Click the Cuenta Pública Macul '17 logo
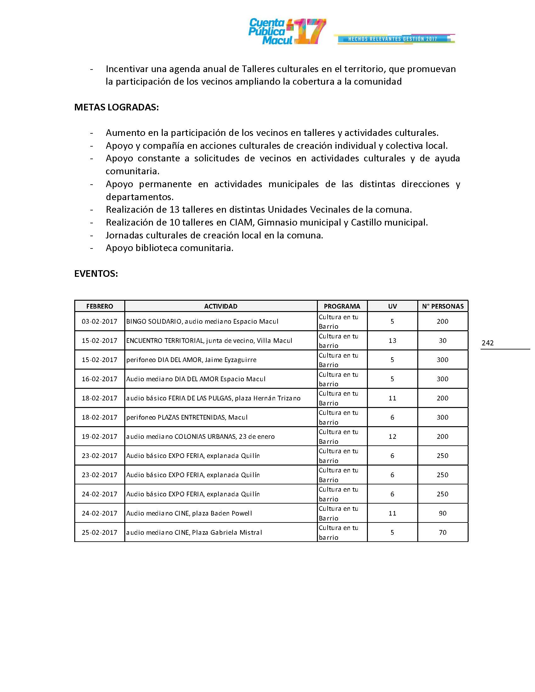(287, 31)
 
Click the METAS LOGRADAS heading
(116, 107)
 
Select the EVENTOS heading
(96, 274)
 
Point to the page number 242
(487, 343)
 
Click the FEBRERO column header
(99, 306)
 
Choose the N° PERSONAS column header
(442, 306)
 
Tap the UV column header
(392, 306)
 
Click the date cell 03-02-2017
(99, 321)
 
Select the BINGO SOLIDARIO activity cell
(202, 321)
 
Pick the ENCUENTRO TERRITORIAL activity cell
(209, 341)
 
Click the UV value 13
(392, 341)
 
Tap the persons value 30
(442, 341)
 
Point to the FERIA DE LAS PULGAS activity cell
(213, 398)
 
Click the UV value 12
(392, 436)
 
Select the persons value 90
(442, 513)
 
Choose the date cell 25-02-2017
(99, 532)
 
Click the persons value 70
(442, 532)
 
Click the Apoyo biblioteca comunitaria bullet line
(170, 248)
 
